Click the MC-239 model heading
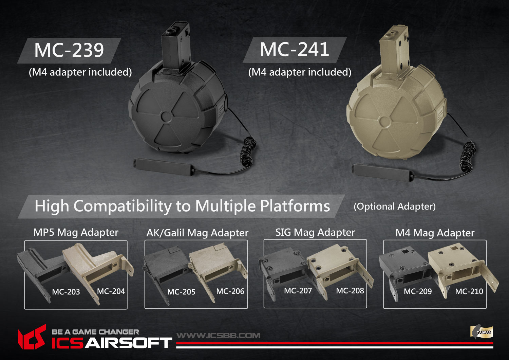69,50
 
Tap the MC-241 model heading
294,50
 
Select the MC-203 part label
66,292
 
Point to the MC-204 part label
111,291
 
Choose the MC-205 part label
181,292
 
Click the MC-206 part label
230,291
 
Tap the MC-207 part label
298,291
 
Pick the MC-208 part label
350,291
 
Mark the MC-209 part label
418,291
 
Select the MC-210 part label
469,291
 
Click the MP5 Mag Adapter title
76,232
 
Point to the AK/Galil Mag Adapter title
197,233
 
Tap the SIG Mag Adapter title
315,232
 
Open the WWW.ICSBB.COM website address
219,336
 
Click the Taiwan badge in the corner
482,331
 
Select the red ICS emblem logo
32,337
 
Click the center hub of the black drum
166,116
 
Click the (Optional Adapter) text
394,206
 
